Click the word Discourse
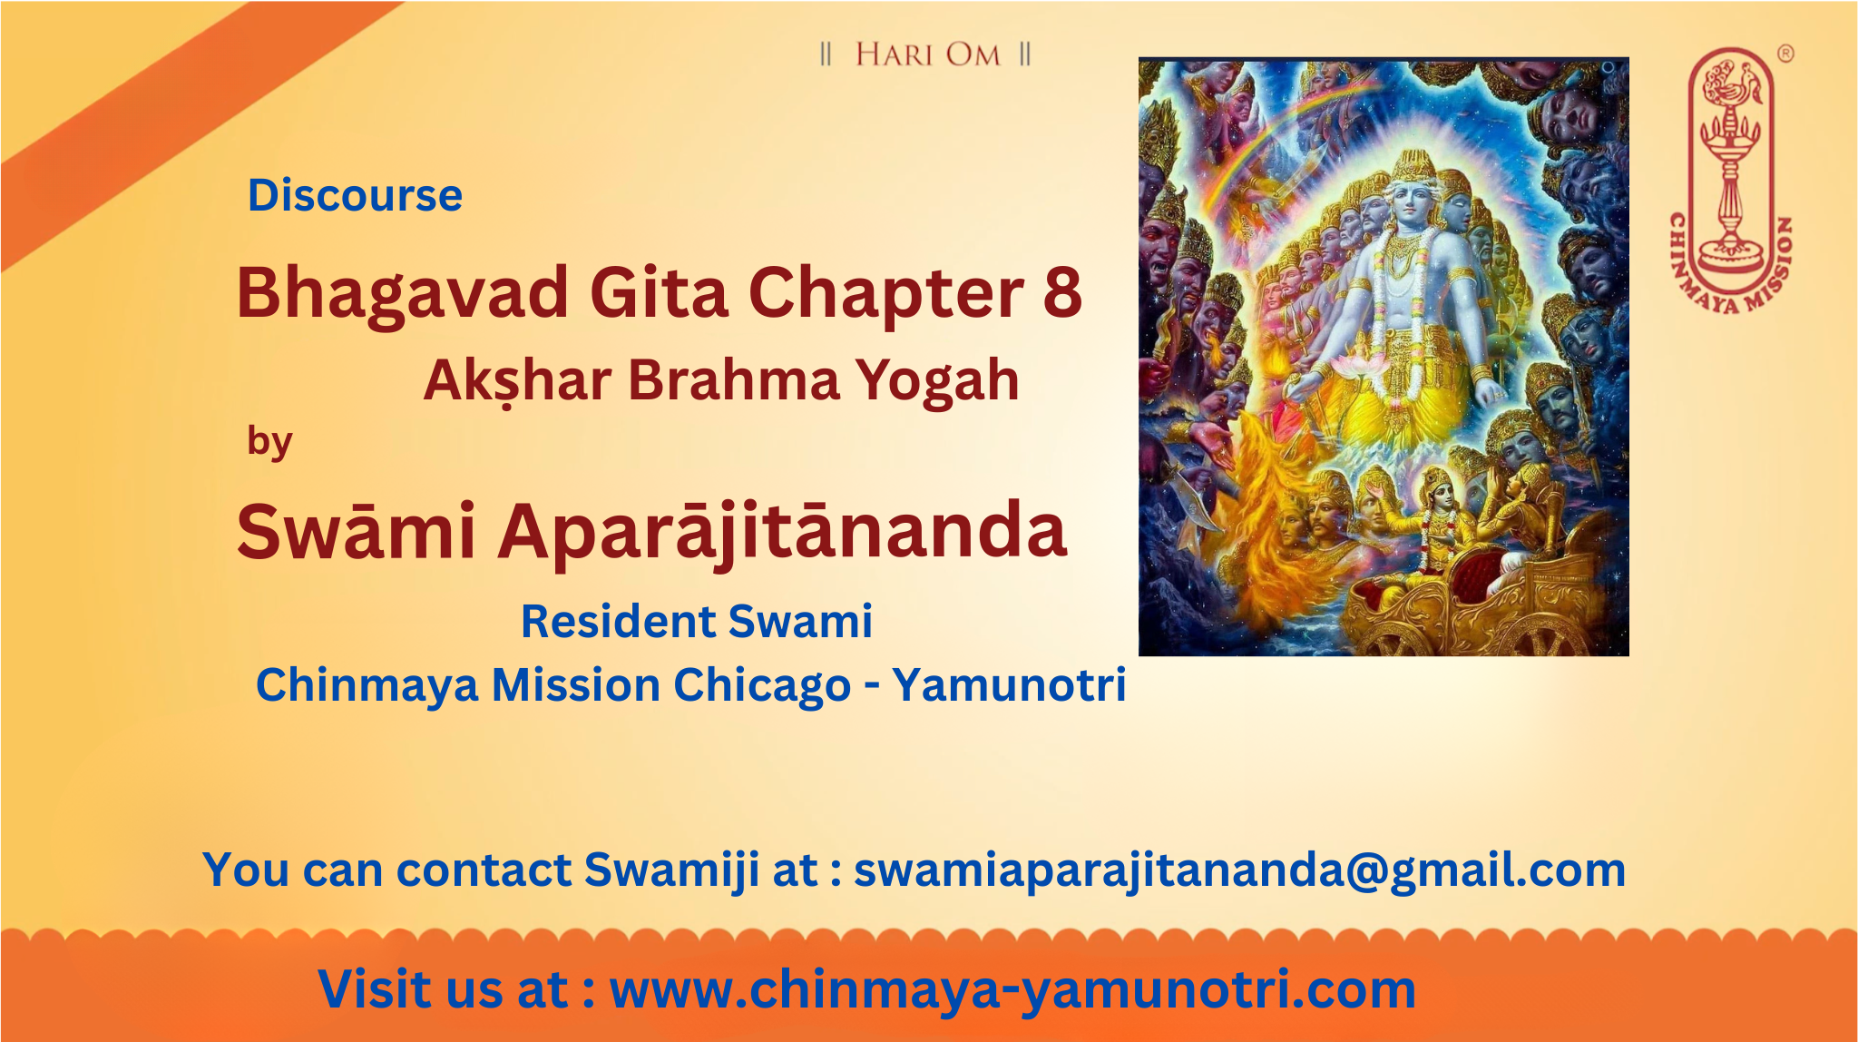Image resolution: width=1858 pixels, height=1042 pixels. click(x=355, y=195)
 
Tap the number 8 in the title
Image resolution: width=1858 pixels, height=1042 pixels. click(x=1062, y=292)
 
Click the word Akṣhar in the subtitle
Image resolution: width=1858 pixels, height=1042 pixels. click(x=517, y=379)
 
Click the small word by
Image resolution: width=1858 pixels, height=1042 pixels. click(x=269, y=442)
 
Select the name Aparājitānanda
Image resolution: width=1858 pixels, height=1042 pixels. click(x=782, y=532)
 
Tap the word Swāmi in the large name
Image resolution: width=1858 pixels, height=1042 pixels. click(x=356, y=531)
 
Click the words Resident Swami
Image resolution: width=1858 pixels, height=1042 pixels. click(x=697, y=622)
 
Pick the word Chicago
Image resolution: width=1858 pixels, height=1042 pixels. click(x=761, y=685)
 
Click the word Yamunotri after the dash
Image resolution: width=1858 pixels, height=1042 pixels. click(x=1009, y=684)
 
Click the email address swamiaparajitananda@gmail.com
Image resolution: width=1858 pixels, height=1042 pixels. click(x=1239, y=870)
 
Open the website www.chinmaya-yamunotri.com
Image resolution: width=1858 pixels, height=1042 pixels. click(x=1012, y=989)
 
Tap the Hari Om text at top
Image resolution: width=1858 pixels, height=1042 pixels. click(x=926, y=54)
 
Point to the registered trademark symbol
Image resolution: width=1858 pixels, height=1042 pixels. click(x=1785, y=54)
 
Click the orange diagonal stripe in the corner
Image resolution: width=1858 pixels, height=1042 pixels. click(x=181, y=127)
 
